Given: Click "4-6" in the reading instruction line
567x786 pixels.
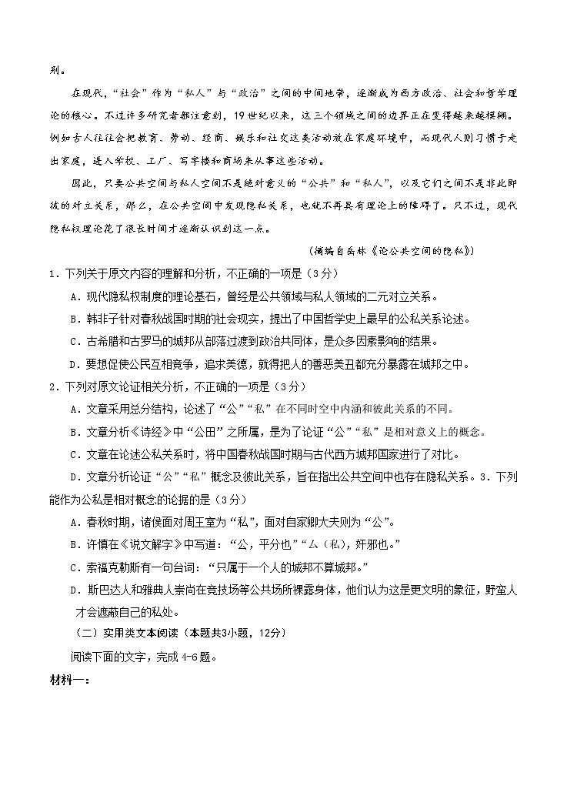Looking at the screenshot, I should (192, 657).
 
